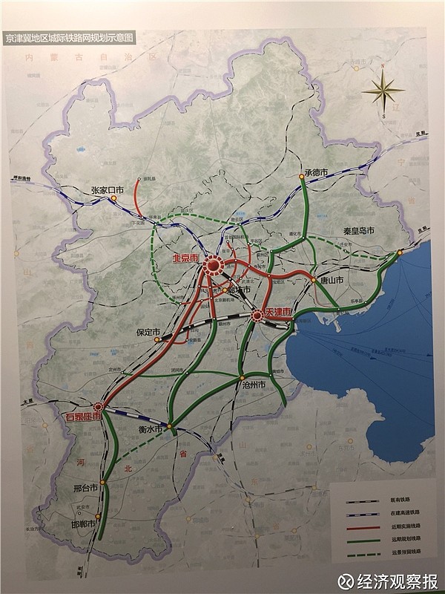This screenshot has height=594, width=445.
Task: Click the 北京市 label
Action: click(x=185, y=258)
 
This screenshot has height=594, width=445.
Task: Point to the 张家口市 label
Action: click(x=106, y=190)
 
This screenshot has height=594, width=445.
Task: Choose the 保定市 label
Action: click(x=139, y=332)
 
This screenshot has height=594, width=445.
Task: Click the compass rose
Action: click(x=383, y=91)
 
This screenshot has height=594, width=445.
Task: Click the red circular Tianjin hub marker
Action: click(x=257, y=316)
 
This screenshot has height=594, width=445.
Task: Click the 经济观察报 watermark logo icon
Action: click(x=345, y=581)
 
